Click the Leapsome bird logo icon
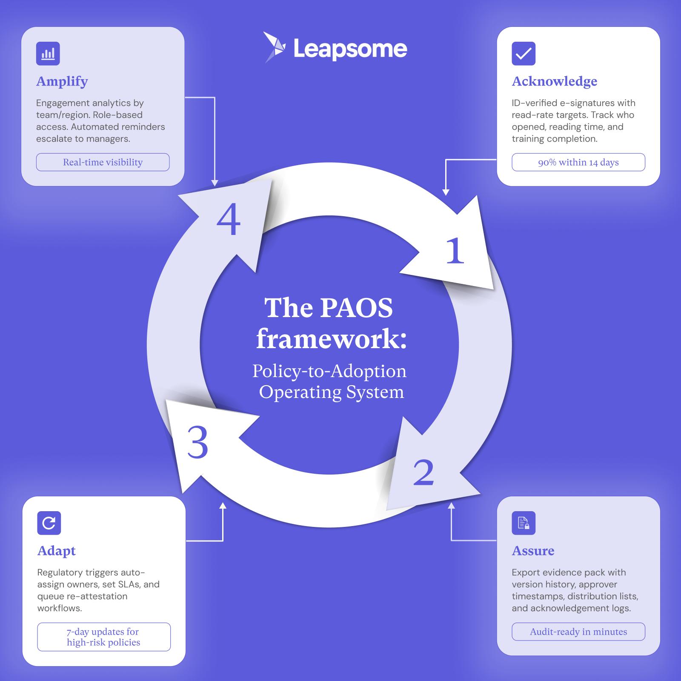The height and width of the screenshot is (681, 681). click(x=274, y=47)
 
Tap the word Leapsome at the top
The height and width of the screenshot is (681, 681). click(x=350, y=49)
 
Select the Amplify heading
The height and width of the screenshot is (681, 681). click(x=62, y=81)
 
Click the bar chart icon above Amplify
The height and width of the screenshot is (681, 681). click(x=48, y=54)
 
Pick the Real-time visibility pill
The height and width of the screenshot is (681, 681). click(x=103, y=162)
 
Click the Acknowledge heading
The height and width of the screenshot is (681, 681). click(x=554, y=81)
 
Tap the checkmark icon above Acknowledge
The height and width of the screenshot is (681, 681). click(x=523, y=54)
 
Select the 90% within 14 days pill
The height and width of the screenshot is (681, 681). click(x=578, y=162)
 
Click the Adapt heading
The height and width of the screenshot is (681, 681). click(x=56, y=550)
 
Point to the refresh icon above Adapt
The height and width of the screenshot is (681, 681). click(x=49, y=523)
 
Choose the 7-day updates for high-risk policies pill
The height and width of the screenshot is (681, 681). click(x=103, y=637)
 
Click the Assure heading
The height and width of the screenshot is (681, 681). click(x=533, y=550)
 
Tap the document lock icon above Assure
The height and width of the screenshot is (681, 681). click(x=523, y=523)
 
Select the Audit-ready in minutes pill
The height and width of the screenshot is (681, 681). click(x=578, y=632)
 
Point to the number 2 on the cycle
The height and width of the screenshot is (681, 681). click(x=423, y=472)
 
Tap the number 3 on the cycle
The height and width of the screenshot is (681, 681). click(x=197, y=443)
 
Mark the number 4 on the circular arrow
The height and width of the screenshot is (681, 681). click(x=229, y=220)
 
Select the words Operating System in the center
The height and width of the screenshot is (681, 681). click(x=331, y=392)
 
